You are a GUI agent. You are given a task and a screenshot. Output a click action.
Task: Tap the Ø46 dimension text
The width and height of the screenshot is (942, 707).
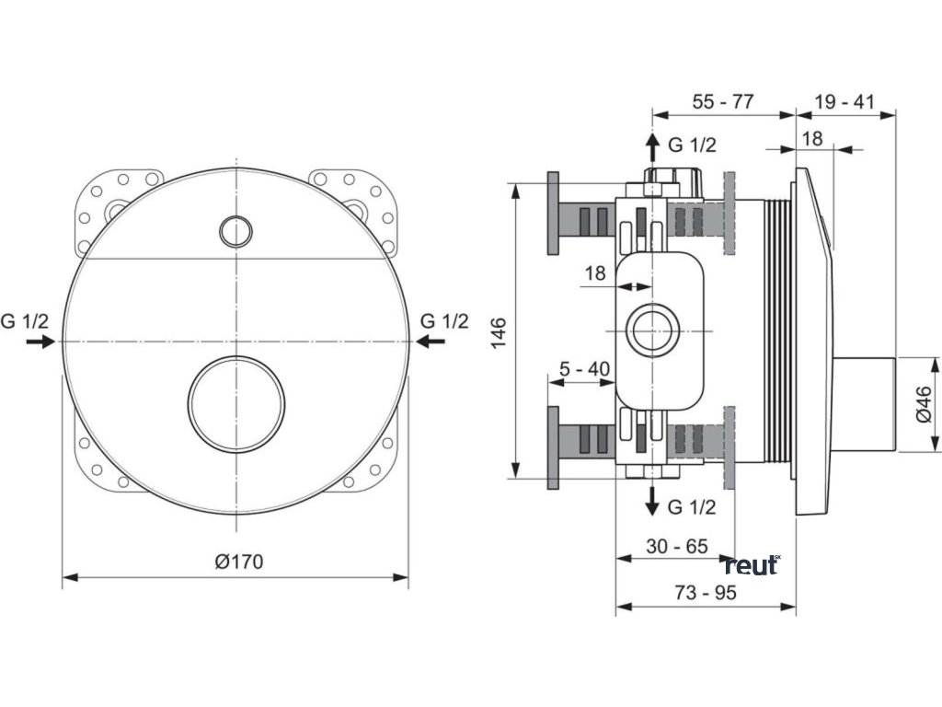tap(924, 403)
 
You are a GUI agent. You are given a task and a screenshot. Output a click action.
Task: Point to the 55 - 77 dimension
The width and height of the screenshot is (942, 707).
tap(723, 101)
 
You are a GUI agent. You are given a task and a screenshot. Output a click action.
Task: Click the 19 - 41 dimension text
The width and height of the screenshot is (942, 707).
tap(844, 101)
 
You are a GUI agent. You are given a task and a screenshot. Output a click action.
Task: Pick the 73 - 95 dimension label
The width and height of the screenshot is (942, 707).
tap(706, 594)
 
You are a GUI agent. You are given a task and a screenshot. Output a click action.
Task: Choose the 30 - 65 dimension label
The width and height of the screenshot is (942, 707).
tap(676, 546)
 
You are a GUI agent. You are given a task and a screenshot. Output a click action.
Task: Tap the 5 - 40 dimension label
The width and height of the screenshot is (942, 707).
tap(584, 369)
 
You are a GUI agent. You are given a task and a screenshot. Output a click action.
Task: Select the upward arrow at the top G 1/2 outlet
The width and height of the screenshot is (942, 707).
tap(651, 147)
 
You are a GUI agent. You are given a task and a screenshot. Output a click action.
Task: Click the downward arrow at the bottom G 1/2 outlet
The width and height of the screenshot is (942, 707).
tap(651, 502)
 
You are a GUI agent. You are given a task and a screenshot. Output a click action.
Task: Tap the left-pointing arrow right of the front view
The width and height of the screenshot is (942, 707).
tap(431, 342)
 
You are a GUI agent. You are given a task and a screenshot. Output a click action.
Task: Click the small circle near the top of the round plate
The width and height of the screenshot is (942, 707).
tap(236, 230)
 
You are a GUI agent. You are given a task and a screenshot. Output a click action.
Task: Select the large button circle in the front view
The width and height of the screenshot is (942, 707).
tap(236, 404)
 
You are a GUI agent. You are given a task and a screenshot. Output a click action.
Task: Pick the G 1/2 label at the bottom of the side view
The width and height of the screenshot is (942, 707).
tap(692, 506)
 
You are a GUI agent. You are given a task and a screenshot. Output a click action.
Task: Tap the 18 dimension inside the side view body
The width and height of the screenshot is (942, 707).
tap(596, 273)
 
